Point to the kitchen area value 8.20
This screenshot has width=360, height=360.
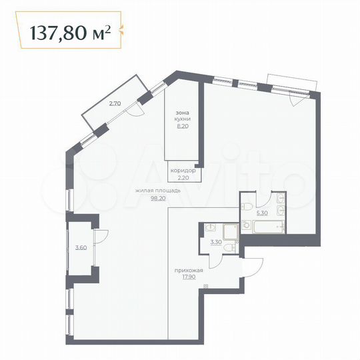coord(183,126)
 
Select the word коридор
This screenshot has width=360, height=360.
coord(183,171)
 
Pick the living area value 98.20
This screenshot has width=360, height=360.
coord(158,198)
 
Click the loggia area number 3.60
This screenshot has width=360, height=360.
coord(81,248)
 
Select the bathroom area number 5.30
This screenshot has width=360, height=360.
coord(263,214)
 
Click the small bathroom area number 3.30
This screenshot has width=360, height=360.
coord(215,243)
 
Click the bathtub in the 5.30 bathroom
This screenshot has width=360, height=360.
coord(267,227)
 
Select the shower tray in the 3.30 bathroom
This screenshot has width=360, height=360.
coord(231,231)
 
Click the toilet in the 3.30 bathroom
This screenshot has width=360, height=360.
coord(229,247)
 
